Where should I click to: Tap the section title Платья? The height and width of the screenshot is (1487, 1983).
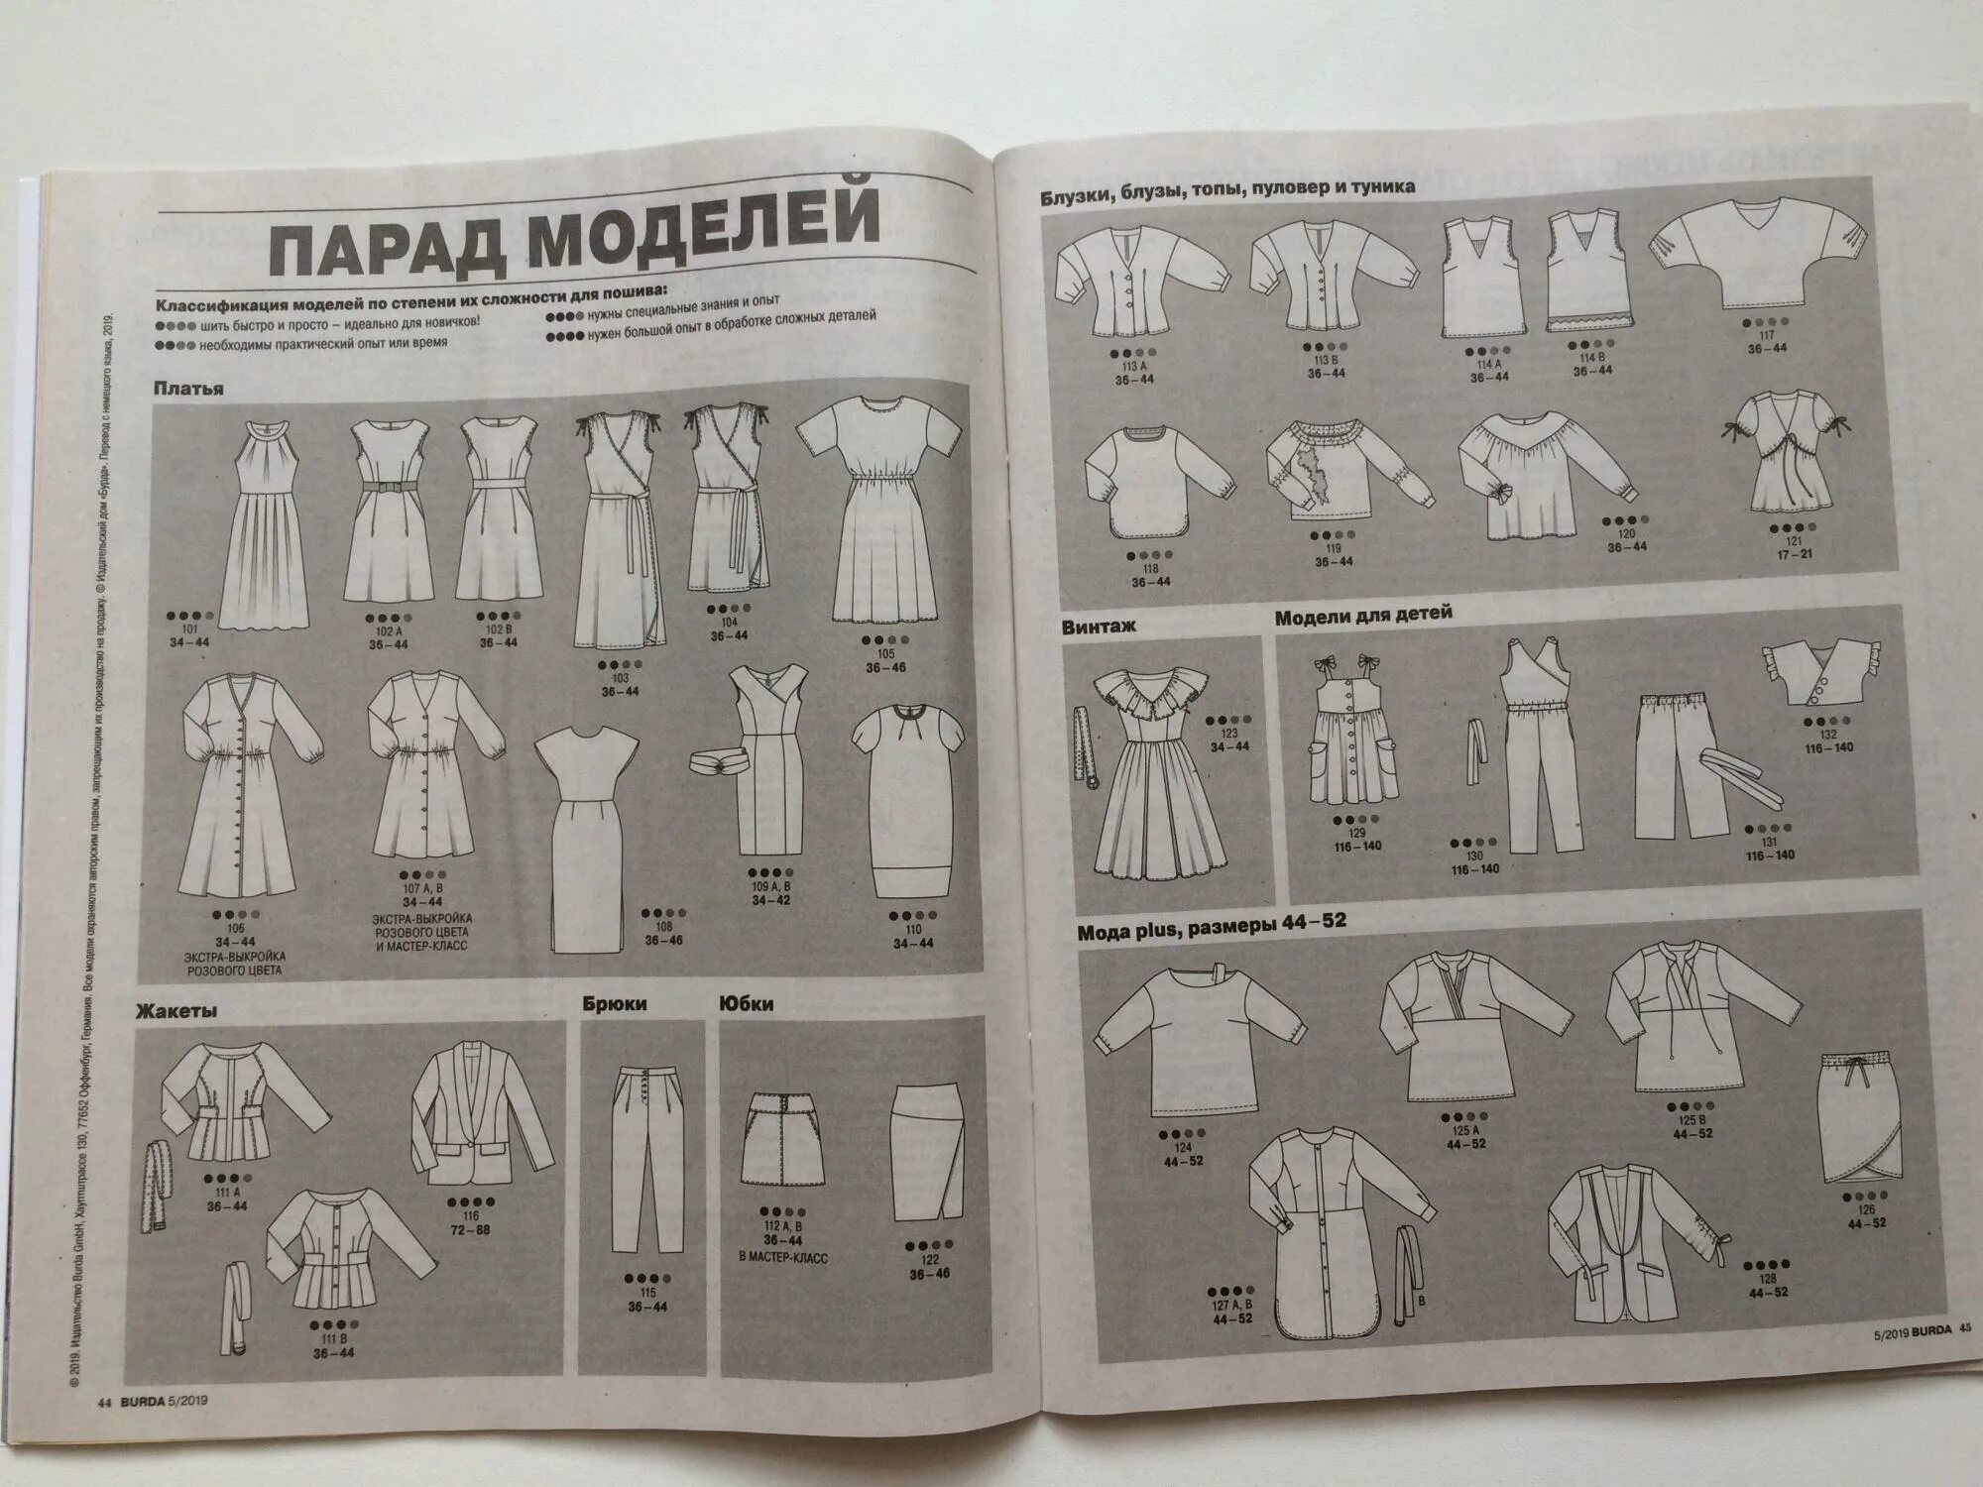(188, 388)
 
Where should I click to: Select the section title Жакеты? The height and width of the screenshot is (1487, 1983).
(176, 1011)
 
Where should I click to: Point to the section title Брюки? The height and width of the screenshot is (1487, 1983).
(615, 1003)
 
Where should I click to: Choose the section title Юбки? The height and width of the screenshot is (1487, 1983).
(747, 1003)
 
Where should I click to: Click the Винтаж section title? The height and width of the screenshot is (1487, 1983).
(1099, 626)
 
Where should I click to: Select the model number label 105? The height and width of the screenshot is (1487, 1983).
(885, 653)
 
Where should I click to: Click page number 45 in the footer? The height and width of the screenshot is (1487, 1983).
(1963, 1330)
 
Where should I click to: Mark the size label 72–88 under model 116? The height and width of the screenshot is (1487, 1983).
(470, 1229)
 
